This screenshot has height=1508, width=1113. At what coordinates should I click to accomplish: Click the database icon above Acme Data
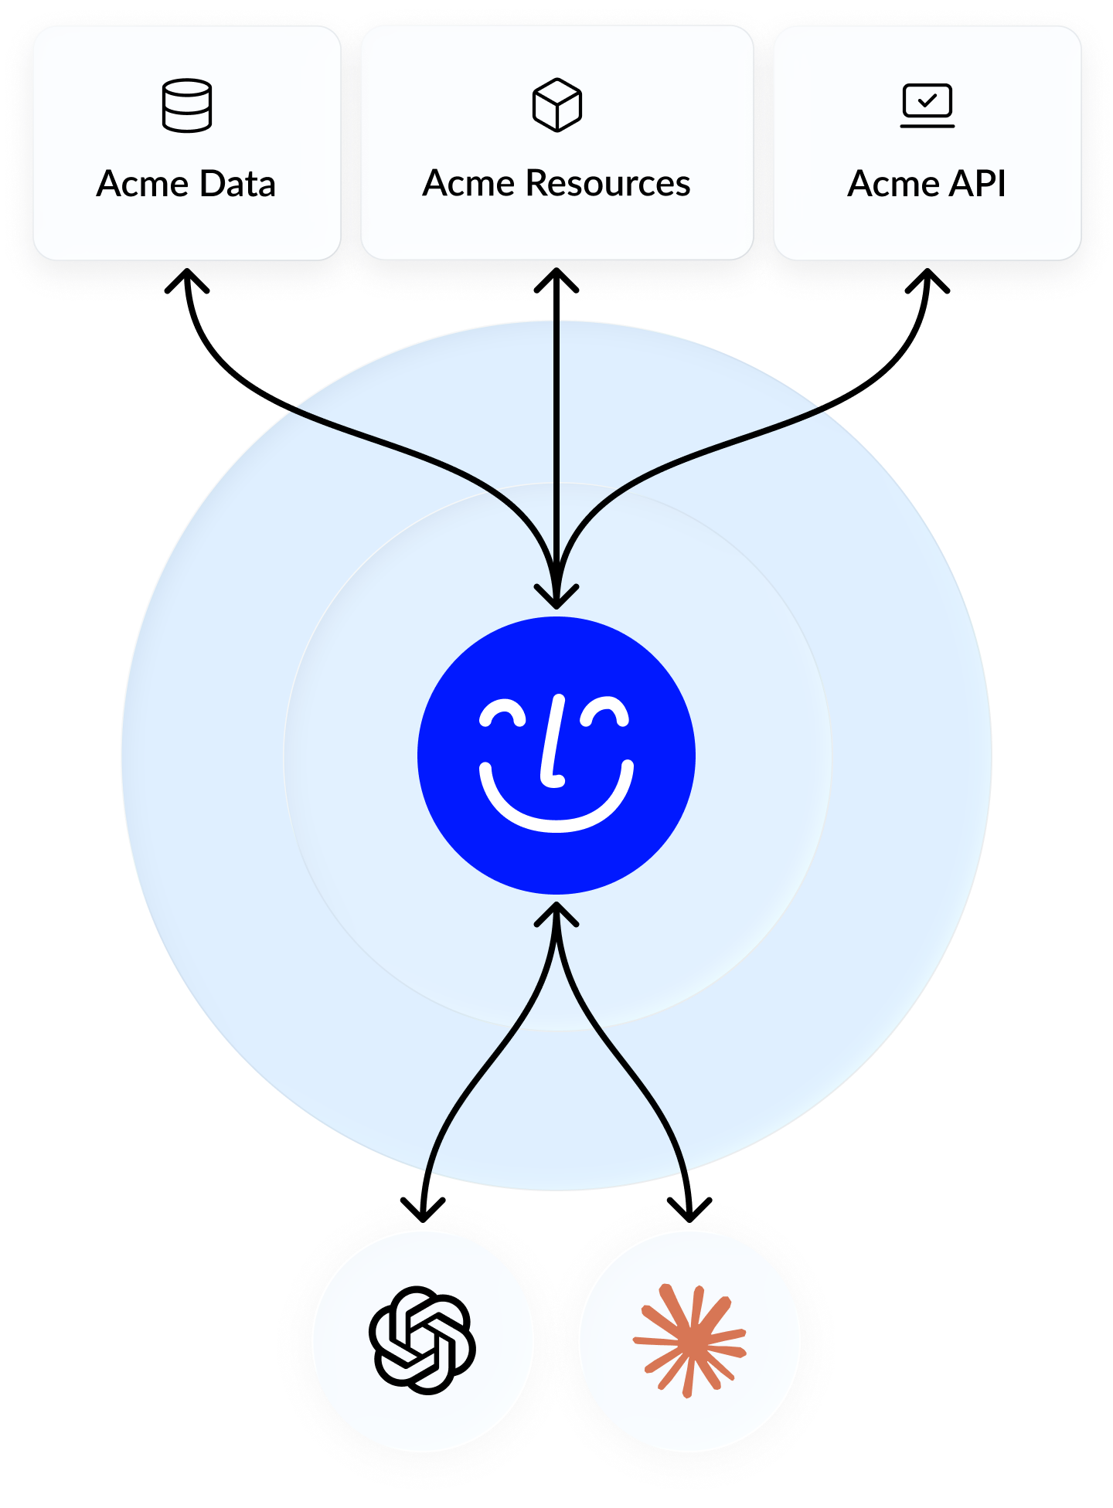point(187,105)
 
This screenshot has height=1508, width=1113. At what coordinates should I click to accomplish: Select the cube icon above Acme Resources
point(556,105)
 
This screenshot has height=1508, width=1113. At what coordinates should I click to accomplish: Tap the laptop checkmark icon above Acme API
point(927,105)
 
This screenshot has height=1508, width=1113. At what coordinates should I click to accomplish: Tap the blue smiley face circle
point(556,755)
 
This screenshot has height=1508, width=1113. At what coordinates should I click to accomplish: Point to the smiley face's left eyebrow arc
point(502,713)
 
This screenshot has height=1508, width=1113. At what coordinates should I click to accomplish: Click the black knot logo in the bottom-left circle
point(423,1340)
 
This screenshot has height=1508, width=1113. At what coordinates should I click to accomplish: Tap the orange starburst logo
point(689,1340)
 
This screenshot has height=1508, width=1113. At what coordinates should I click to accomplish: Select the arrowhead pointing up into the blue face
point(556,914)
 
